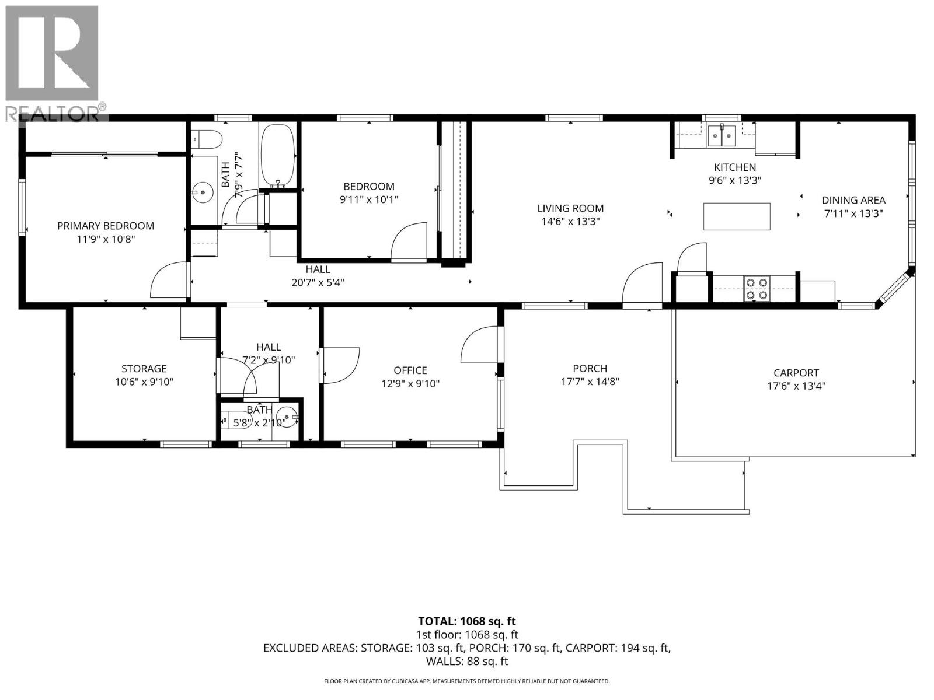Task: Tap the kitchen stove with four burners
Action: click(757, 289)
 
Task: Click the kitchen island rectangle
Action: click(737, 216)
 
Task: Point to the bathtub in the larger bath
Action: click(277, 155)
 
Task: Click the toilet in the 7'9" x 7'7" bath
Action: click(209, 139)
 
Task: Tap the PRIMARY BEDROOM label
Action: click(106, 226)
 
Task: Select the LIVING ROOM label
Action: click(570, 208)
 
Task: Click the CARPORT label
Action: click(796, 373)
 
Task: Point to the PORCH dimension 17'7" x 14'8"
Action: click(590, 382)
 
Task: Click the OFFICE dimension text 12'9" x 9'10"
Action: click(410, 384)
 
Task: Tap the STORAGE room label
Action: click(144, 369)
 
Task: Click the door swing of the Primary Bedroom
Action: click(168, 280)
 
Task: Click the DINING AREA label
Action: click(853, 200)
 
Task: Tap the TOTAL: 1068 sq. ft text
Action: click(467, 621)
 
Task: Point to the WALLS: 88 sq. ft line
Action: click(467, 661)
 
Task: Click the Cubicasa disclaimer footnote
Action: click(467, 681)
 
